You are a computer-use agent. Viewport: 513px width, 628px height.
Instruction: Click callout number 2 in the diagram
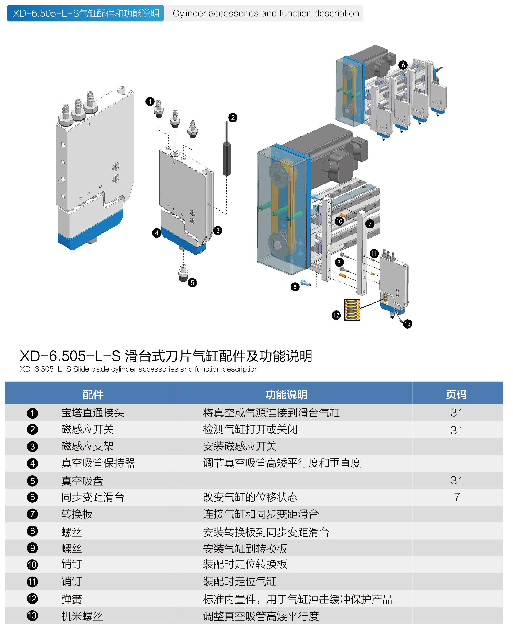(x=233, y=118)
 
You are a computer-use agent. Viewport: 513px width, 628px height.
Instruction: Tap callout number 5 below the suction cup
(x=192, y=283)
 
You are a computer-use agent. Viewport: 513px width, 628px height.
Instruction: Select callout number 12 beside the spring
(x=336, y=315)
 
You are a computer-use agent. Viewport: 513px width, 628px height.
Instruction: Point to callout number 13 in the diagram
(x=408, y=324)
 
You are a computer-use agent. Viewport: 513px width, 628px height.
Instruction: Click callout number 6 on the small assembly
(x=403, y=65)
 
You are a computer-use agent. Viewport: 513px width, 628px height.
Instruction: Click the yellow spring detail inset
(x=352, y=310)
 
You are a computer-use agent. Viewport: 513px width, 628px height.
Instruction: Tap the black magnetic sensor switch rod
(x=227, y=157)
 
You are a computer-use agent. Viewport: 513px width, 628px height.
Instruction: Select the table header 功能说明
(x=286, y=395)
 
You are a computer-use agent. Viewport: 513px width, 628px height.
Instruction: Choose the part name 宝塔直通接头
(x=93, y=413)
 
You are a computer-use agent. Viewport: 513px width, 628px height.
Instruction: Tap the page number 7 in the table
(x=457, y=497)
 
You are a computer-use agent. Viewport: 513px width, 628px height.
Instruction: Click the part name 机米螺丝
(x=82, y=616)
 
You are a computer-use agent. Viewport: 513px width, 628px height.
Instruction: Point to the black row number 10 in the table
(x=32, y=565)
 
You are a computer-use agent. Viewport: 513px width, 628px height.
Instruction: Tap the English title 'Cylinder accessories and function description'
(x=266, y=14)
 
